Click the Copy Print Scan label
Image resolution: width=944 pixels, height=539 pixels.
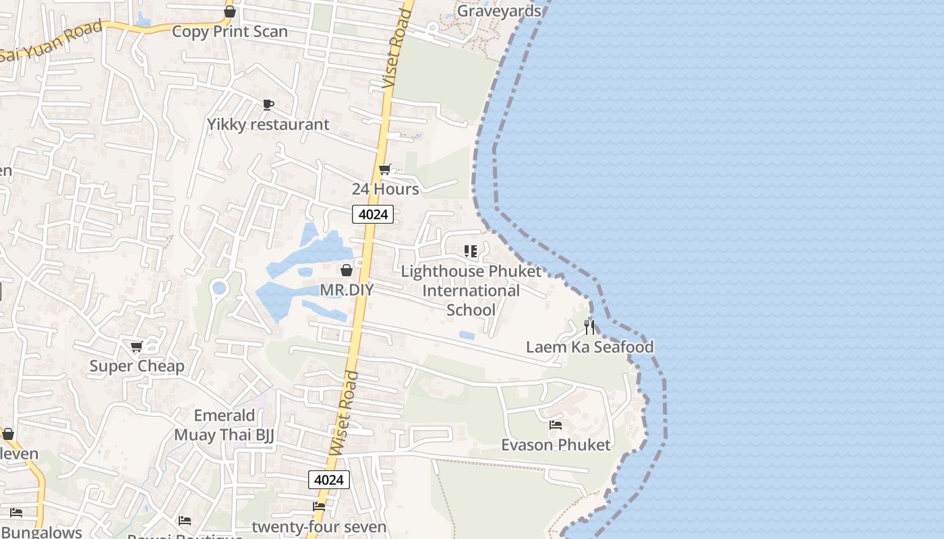[229, 32]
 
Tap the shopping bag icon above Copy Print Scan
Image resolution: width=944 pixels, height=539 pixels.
[230, 11]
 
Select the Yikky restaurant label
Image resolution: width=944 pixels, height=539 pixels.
[268, 125]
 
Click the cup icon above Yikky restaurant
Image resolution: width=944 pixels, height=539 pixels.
[268, 104]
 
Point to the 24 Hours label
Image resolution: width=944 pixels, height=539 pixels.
[385, 189]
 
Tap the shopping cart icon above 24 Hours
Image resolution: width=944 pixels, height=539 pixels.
[385, 169]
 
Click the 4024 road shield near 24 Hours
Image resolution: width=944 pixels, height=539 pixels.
[373, 214]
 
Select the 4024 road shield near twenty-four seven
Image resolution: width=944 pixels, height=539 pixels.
[329, 480]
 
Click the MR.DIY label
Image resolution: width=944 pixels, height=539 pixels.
[347, 290]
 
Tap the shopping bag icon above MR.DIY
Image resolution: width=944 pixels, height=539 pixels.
[347, 270]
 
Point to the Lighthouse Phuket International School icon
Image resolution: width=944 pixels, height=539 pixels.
[471, 251]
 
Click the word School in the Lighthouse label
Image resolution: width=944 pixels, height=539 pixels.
[471, 310]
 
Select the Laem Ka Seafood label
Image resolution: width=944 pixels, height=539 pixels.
[590, 348]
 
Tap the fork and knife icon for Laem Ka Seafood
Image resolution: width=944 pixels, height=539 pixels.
[590, 327]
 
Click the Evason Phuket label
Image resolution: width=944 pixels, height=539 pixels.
[556, 445]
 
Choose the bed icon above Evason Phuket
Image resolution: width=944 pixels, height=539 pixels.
[556, 425]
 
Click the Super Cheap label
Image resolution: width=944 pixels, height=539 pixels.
[137, 367]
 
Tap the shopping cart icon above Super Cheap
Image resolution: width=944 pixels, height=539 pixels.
[137, 347]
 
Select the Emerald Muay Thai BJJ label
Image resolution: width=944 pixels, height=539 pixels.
[225, 425]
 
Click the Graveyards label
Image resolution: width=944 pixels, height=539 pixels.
[499, 11]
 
